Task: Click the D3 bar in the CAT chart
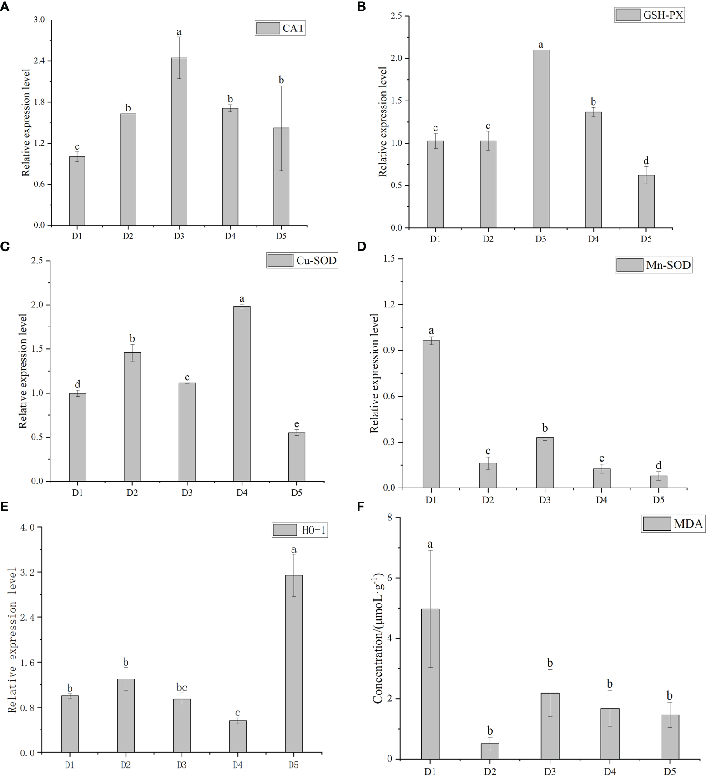(179, 141)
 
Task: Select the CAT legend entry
(280, 28)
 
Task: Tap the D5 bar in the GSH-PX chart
(646, 201)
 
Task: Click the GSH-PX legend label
(662, 15)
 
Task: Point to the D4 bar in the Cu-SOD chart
(242, 393)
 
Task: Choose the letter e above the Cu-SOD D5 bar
(297, 424)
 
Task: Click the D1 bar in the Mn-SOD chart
(431, 414)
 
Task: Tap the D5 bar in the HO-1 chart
(293, 664)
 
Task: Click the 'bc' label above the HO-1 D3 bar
(182, 688)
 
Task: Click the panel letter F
(361, 507)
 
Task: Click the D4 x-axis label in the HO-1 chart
(237, 765)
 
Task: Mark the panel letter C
(5, 247)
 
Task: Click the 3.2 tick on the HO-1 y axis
(29, 572)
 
